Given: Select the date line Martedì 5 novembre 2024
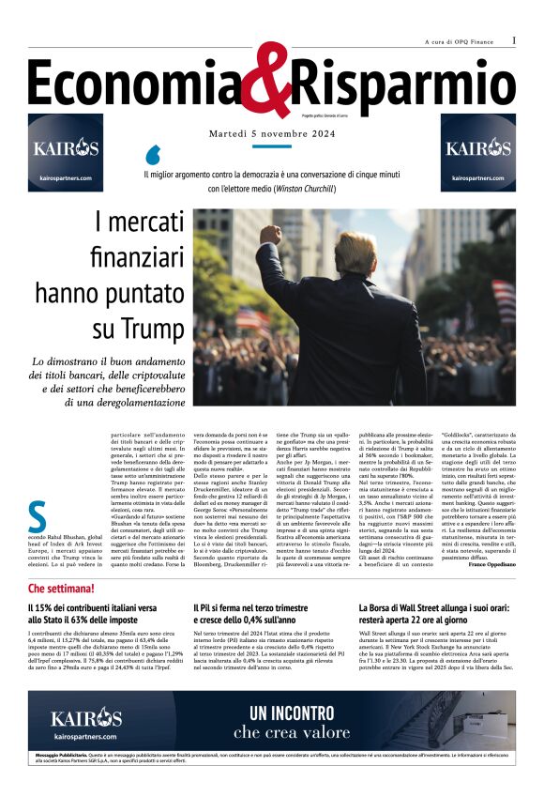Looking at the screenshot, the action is click(x=271, y=134).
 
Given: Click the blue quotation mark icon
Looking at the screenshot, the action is click(x=154, y=154).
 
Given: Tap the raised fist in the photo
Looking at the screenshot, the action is click(x=270, y=235).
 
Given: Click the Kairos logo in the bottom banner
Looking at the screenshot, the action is click(x=86, y=720).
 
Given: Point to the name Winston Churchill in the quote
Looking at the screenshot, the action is click(x=308, y=189).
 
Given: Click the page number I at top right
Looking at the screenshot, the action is click(x=514, y=40).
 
